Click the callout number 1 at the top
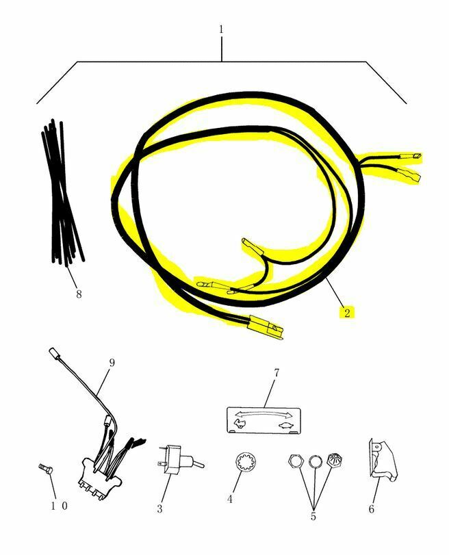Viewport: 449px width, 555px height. [x=221, y=29]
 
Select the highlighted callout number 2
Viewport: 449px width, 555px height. [x=347, y=313]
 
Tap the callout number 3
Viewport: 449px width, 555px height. [x=159, y=508]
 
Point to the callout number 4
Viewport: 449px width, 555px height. [x=230, y=499]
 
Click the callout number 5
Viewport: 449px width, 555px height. [x=313, y=516]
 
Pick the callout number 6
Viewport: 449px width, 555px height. [x=372, y=509]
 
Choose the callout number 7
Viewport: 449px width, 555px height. [x=277, y=373]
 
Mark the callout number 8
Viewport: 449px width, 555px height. [x=79, y=294]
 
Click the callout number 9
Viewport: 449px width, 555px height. [x=112, y=363]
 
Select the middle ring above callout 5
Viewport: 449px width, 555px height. [x=316, y=462]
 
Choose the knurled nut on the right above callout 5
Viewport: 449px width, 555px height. [x=334, y=462]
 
